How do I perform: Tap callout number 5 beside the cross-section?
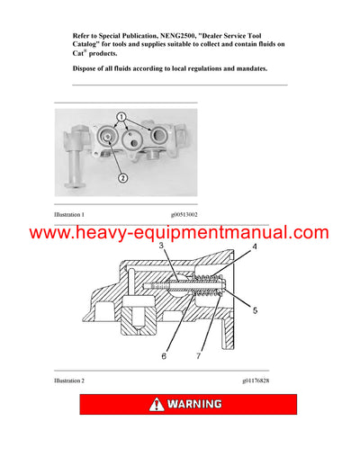(255, 310)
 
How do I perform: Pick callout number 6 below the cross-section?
(163, 356)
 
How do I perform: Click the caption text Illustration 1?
(70, 215)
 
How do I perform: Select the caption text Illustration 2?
(70, 381)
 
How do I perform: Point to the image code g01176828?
(255, 381)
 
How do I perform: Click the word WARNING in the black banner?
(193, 404)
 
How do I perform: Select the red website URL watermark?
(180, 233)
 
